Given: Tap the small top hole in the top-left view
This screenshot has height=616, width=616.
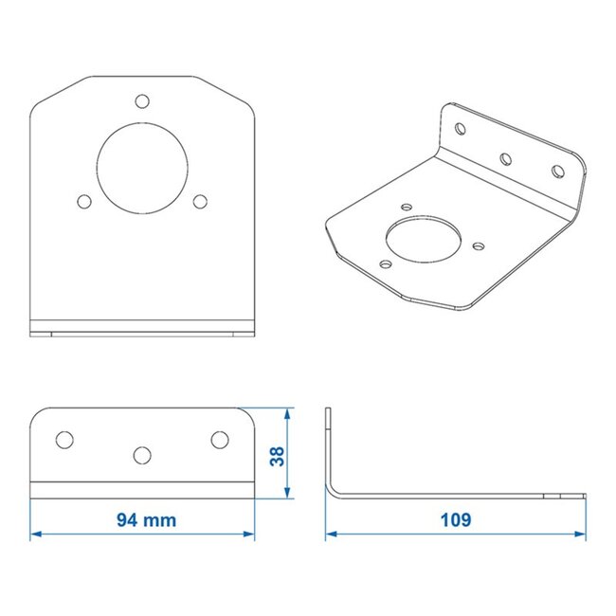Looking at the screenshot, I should pos(142,101).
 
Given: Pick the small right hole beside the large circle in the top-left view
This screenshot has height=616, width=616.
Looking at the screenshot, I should pos(200,201).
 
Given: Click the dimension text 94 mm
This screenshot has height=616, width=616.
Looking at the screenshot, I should pos(146,519).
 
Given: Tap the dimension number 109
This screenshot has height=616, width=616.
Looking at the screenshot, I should pos(455,519).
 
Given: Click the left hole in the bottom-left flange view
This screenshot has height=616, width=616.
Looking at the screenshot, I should pos(64,439).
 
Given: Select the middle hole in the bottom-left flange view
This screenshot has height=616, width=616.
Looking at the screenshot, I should pos(142,455).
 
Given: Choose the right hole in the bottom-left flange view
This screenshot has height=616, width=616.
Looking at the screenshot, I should pos(220,439).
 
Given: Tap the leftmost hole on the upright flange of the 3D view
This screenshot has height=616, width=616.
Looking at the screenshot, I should pos(460,128).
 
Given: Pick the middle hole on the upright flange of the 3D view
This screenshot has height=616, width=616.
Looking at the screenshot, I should pos(506,158).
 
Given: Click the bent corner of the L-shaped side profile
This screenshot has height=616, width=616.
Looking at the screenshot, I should pos(334,490).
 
